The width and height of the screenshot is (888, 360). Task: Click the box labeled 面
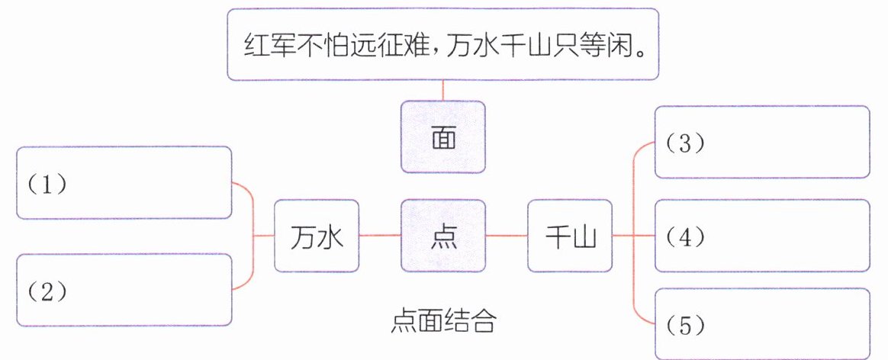coord(442,137)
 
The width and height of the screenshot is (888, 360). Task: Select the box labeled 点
coord(442,236)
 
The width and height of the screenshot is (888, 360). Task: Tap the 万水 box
coord(317,236)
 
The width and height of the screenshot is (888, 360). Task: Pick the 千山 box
coord(569,236)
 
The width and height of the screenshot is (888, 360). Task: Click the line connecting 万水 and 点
coord(380,236)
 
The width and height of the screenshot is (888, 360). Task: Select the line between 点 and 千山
coord(507,236)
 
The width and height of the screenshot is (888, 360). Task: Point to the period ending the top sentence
coord(640,52)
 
